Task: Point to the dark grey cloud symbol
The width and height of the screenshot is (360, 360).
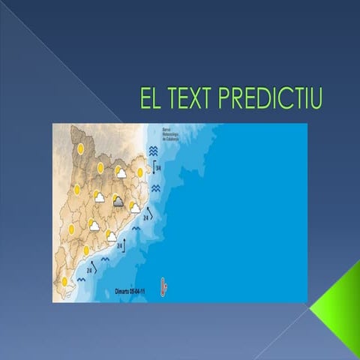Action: click(118, 201)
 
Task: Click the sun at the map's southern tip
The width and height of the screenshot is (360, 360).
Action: click(65, 281)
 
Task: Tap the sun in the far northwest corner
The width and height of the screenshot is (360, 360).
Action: click(80, 148)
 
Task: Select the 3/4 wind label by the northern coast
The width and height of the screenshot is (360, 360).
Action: click(157, 166)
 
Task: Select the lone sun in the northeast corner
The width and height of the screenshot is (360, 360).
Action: click(140, 172)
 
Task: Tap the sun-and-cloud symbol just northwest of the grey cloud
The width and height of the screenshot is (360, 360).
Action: click(98, 197)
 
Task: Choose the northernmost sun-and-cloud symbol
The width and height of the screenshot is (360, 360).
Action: click(120, 172)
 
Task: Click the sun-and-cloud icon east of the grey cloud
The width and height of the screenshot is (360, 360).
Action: click(135, 206)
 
